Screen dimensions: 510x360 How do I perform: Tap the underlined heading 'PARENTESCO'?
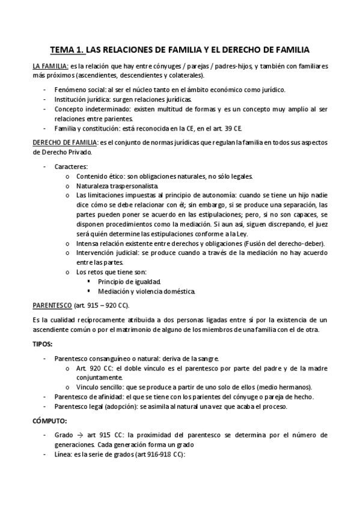coord(52,306)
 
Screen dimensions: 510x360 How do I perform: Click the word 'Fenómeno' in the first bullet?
coord(71,90)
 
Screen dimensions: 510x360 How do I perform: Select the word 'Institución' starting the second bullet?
coord(72,99)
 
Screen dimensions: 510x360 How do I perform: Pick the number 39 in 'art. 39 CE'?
coord(215,128)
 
